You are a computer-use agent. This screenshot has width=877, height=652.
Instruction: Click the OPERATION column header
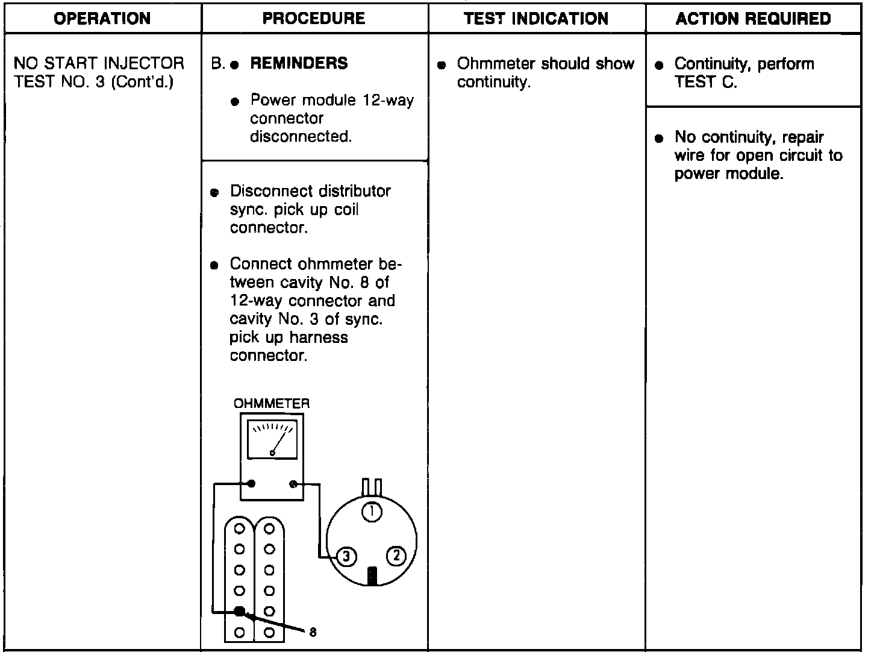coord(102,19)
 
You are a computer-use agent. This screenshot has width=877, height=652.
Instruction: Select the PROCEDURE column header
coord(314,19)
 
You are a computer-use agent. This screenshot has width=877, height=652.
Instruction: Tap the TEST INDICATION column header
coord(536,19)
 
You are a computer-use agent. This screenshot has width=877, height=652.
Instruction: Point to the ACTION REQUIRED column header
coord(753,19)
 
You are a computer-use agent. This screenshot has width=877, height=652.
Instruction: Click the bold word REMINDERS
coord(299,63)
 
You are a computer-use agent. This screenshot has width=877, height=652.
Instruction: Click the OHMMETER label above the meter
coord(272,404)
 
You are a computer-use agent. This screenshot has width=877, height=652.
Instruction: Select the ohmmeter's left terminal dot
coord(251,483)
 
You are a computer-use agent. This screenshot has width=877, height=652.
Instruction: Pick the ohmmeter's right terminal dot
coord(294,483)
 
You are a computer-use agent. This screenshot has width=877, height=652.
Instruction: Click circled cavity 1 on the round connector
coord(372,512)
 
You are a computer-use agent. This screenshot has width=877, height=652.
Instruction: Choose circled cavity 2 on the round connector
coord(396,556)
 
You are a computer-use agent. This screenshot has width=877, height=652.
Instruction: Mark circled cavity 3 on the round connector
coord(346,557)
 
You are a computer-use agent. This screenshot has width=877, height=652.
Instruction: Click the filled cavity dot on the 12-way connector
coord(239,611)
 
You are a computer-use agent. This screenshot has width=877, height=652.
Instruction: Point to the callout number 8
coord(313,632)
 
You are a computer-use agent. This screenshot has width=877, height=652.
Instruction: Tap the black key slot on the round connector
coord(372,576)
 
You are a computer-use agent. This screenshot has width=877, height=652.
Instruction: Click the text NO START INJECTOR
coord(99,63)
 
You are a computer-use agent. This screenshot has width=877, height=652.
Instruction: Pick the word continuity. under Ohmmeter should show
coord(493,83)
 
